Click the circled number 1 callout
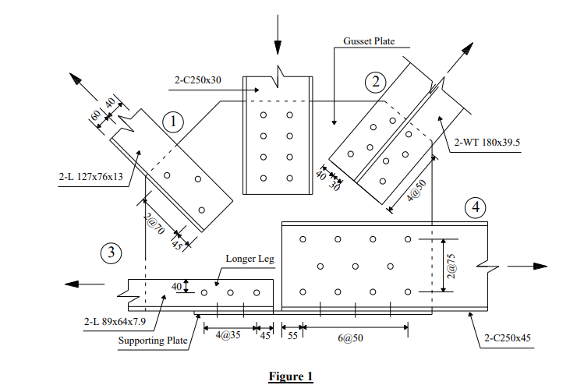point(172,121)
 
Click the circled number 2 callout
point(376,81)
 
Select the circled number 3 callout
point(112,253)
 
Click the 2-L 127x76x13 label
point(90,176)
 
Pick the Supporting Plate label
point(154,341)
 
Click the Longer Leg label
point(247,259)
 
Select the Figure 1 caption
point(290,376)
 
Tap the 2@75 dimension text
point(451,265)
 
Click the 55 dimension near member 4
point(292,337)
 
